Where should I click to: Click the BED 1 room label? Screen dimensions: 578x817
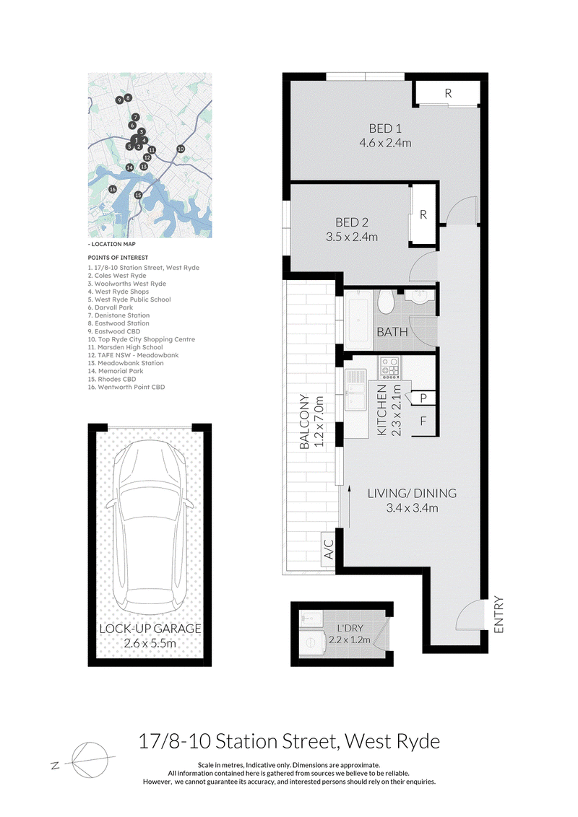[x=385, y=128]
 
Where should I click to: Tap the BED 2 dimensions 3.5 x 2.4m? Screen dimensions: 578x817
[x=352, y=237]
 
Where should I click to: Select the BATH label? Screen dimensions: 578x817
[x=392, y=331]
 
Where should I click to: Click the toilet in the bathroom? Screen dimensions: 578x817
[x=386, y=302]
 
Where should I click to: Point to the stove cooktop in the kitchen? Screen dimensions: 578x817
[x=389, y=367]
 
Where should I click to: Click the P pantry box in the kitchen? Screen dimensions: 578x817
[x=423, y=398]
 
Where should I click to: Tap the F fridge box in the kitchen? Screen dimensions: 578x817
[x=423, y=421]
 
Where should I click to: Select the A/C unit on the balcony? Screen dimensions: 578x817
[x=328, y=549]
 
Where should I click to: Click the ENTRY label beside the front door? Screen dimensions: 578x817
[x=499, y=615]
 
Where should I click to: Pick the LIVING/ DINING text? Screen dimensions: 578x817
[x=412, y=493]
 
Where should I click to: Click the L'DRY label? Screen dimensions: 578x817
[x=350, y=629]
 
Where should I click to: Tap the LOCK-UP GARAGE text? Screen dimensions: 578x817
[x=150, y=629]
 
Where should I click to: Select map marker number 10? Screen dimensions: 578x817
[x=181, y=149]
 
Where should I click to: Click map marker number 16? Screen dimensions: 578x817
[x=113, y=189]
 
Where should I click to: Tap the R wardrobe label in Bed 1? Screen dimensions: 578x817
[x=448, y=93]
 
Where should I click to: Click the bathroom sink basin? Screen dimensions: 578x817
[x=420, y=297]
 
